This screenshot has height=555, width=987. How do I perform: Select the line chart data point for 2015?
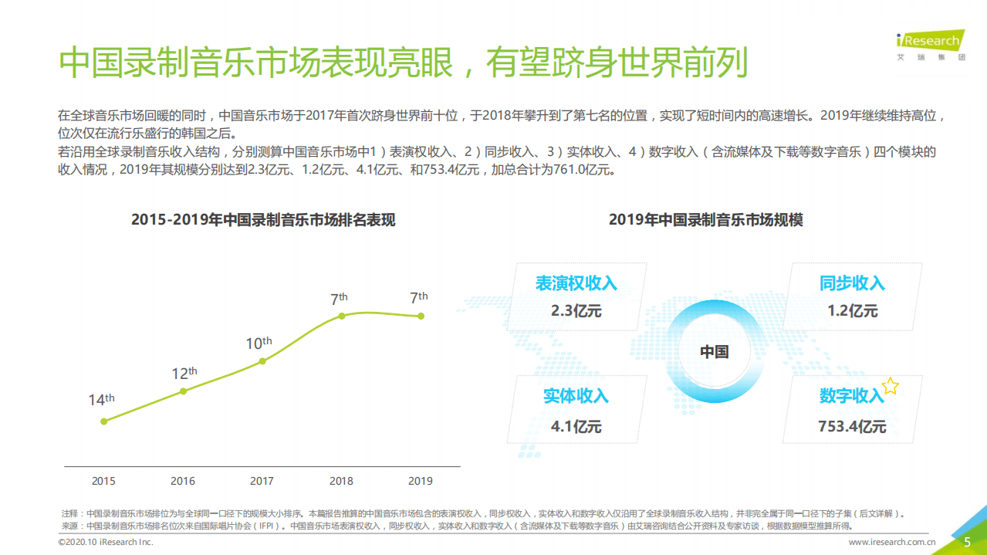point(103,421)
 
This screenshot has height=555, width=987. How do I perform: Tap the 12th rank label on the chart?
point(184,374)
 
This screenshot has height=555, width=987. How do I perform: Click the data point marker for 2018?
point(341,315)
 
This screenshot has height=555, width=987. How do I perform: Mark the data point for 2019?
point(421,316)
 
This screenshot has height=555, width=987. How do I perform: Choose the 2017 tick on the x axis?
point(262,481)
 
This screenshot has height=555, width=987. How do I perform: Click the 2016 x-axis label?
point(183,481)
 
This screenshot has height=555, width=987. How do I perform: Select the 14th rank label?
point(101,400)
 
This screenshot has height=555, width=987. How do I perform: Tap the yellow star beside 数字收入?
point(891,386)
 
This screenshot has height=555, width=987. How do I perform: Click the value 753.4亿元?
point(852,427)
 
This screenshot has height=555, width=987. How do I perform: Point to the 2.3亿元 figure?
point(576,312)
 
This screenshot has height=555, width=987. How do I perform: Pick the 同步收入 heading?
point(852,283)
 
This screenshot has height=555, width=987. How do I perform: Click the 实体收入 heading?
point(576,397)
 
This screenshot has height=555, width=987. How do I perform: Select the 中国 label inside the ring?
point(714,352)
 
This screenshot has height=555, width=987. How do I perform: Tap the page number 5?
point(967,542)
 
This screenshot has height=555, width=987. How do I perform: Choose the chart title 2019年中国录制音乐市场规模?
point(705,220)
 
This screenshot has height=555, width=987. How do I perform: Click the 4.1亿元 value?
point(576,427)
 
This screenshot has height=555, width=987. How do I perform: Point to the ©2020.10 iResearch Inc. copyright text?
point(106,543)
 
